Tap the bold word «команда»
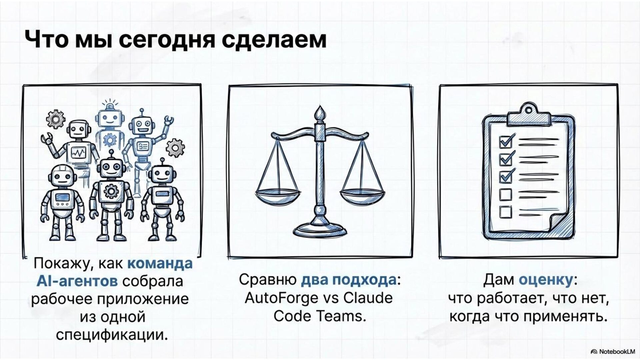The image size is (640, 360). pos(160,264)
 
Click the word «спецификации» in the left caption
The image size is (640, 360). pos(111,335)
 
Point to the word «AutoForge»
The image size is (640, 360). pos(281,298)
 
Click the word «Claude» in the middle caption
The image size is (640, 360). pos(368,298)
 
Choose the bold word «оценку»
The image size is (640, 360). pos(545,280)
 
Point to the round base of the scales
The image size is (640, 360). pos(320,230)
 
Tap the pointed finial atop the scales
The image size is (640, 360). pos(320,113)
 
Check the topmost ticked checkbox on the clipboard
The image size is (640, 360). pos(506,142)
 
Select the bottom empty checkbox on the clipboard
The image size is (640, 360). pos(506,212)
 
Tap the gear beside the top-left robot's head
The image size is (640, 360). pos(55,119)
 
